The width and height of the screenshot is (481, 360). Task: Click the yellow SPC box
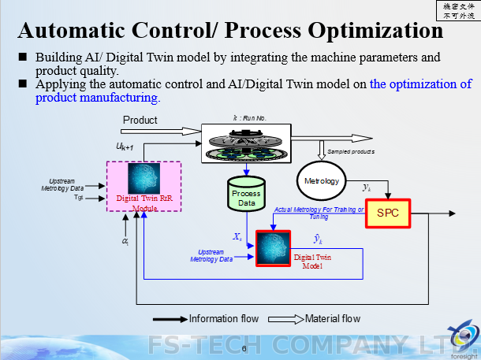[x=388, y=213]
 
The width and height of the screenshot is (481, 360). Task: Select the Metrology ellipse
[x=322, y=181]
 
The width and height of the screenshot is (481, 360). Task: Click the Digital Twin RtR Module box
[x=144, y=187]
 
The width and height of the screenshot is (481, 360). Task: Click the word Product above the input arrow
[x=140, y=120]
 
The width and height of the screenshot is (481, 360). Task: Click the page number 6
[x=244, y=348]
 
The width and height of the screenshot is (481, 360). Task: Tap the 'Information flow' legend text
[x=225, y=319]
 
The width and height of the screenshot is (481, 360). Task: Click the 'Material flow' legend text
[x=330, y=319]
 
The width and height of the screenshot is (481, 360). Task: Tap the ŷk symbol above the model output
[x=316, y=239]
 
